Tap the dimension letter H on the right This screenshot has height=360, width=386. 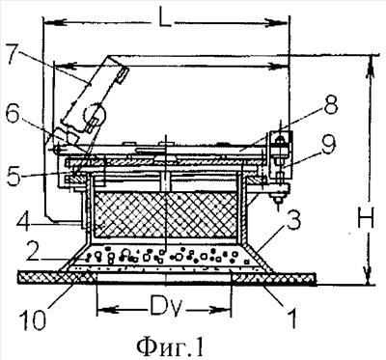click(366, 218)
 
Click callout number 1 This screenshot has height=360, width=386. click(292, 318)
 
